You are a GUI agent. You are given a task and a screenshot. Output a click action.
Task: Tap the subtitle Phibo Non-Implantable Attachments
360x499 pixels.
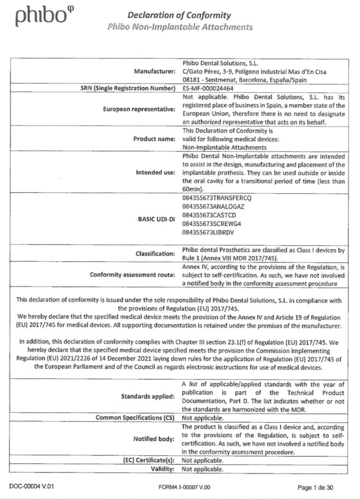[180, 27]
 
